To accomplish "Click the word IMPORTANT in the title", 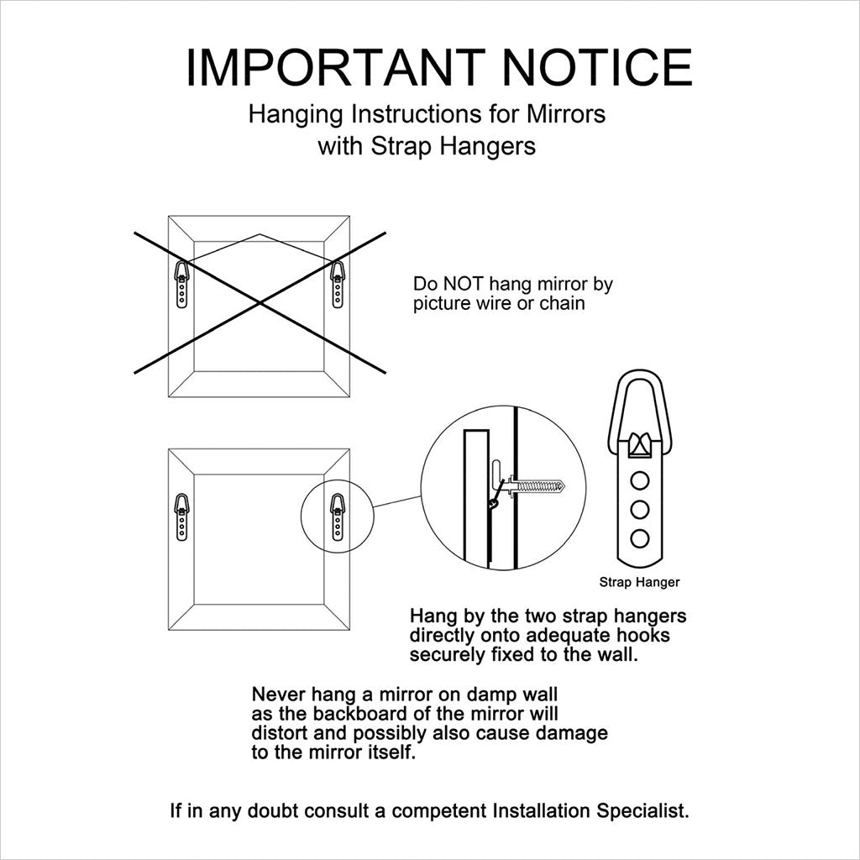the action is click(336, 67).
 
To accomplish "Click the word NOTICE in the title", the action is click(597, 67).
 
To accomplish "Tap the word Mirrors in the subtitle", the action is click(566, 114).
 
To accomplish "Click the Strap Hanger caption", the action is click(639, 583).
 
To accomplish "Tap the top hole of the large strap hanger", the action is click(639, 481).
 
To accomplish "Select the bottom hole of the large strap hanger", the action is click(639, 538).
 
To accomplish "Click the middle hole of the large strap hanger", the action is click(639, 510).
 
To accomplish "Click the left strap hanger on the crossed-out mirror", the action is click(181, 284).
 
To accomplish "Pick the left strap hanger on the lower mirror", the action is click(181, 517).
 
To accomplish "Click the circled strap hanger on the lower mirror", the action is click(338, 517).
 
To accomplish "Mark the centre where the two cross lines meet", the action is click(260, 302).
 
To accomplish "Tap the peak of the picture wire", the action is click(260, 234).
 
